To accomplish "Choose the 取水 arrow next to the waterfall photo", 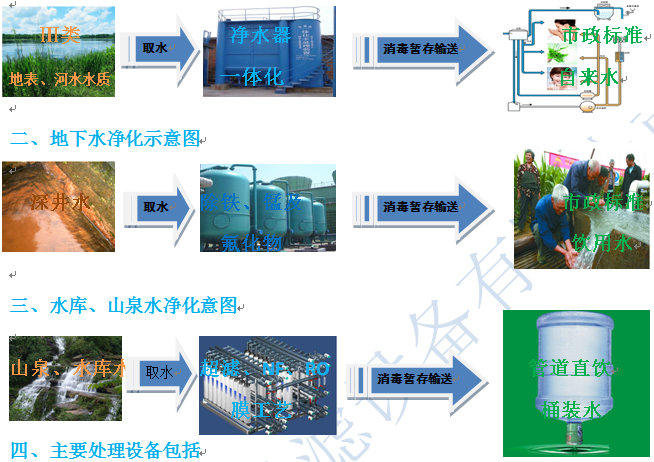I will (161, 373).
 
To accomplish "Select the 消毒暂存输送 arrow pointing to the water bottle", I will (418, 379).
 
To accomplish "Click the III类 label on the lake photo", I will (59, 36).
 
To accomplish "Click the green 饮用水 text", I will (598, 241).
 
